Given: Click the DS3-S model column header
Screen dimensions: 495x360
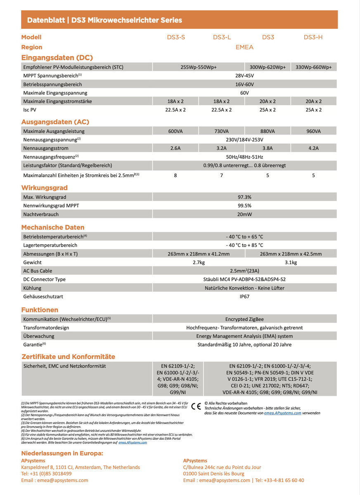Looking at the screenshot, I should click(176, 37).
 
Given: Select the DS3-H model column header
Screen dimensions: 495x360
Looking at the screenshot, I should click(313, 37).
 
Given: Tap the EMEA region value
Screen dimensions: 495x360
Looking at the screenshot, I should click(244, 47).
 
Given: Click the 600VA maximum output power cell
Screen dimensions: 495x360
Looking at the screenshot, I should click(175, 131).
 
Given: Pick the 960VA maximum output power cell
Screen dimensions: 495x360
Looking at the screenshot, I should click(313, 131).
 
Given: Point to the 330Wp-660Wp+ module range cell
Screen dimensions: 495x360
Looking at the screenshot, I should click(313, 67).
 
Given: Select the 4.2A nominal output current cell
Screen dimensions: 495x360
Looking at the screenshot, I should click(313, 148).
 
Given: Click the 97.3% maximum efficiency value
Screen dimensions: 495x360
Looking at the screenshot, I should click(244, 197).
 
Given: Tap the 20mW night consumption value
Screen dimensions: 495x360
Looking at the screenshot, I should click(244, 214).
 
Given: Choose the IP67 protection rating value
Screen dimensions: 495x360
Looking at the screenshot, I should click(244, 296).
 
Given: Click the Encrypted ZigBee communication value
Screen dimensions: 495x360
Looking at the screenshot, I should click(244, 319).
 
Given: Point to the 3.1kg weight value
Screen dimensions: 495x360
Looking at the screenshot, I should click(291, 262).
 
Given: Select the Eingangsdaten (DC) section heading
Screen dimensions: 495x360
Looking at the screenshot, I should click(57, 57).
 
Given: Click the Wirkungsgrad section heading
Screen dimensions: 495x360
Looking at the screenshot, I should click(44, 188).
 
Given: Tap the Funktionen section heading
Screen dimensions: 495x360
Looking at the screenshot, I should click(40, 310).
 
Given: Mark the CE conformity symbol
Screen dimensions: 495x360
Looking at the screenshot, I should click(196, 405).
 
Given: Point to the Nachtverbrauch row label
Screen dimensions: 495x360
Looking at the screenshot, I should click(41, 214).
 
